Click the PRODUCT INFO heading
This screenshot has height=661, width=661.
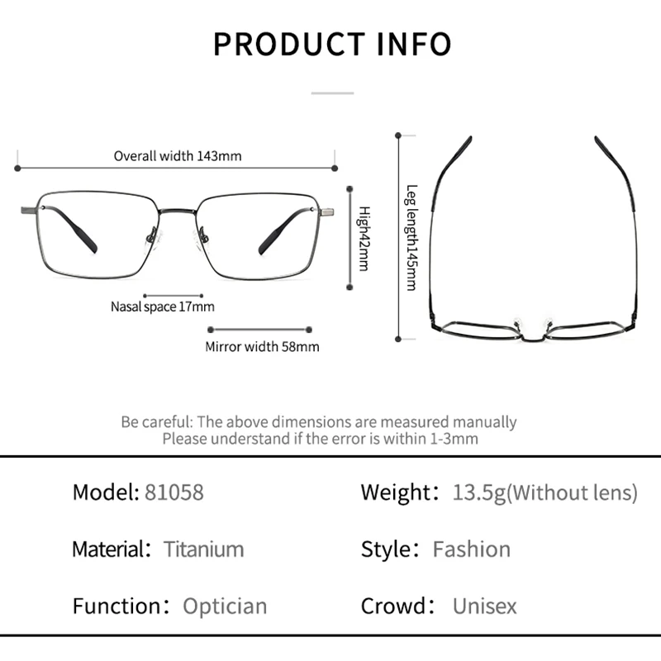[x=332, y=44]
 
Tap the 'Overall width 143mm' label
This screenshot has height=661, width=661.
[x=178, y=155]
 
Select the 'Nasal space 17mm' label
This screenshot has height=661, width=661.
[x=163, y=307]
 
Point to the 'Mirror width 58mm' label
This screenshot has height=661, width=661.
[x=262, y=347]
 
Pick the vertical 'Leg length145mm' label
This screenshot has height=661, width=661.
[x=411, y=237]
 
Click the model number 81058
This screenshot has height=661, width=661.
[x=174, y=492]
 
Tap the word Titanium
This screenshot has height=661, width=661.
[x=203, y=549]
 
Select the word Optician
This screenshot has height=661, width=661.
[x=225, y=606]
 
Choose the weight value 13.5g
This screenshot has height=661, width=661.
[x=478, y=492]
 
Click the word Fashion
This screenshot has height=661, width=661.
[x=472, y=549]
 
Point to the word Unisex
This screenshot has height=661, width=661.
[x=484, y=606]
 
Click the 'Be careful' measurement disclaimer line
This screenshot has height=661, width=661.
[x=319, y=421]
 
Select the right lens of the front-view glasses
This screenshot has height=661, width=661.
[x=258, y=235]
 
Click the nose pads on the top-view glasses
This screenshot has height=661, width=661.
[x=532, y=319]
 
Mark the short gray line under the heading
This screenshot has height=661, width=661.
[x=332, y=93]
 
